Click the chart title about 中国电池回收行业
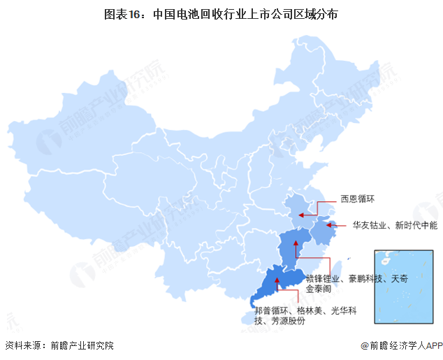pos(221,13)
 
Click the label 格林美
pos(313,311)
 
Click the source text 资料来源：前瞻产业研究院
pos(59,346)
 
